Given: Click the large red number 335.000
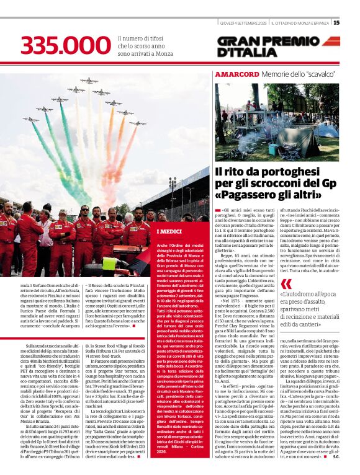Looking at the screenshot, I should (65, 45).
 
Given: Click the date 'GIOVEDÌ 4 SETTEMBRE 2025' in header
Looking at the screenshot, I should (244, 23).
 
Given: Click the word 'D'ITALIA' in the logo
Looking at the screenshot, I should (247, 53).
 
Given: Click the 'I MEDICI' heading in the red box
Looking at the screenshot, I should (169, 231).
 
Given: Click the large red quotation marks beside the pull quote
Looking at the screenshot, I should (286, 283).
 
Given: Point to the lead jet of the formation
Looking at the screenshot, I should (88, 81).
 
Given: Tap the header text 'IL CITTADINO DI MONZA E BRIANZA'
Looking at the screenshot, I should (301, 23).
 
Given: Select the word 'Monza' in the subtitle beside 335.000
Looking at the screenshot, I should (164, 54).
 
